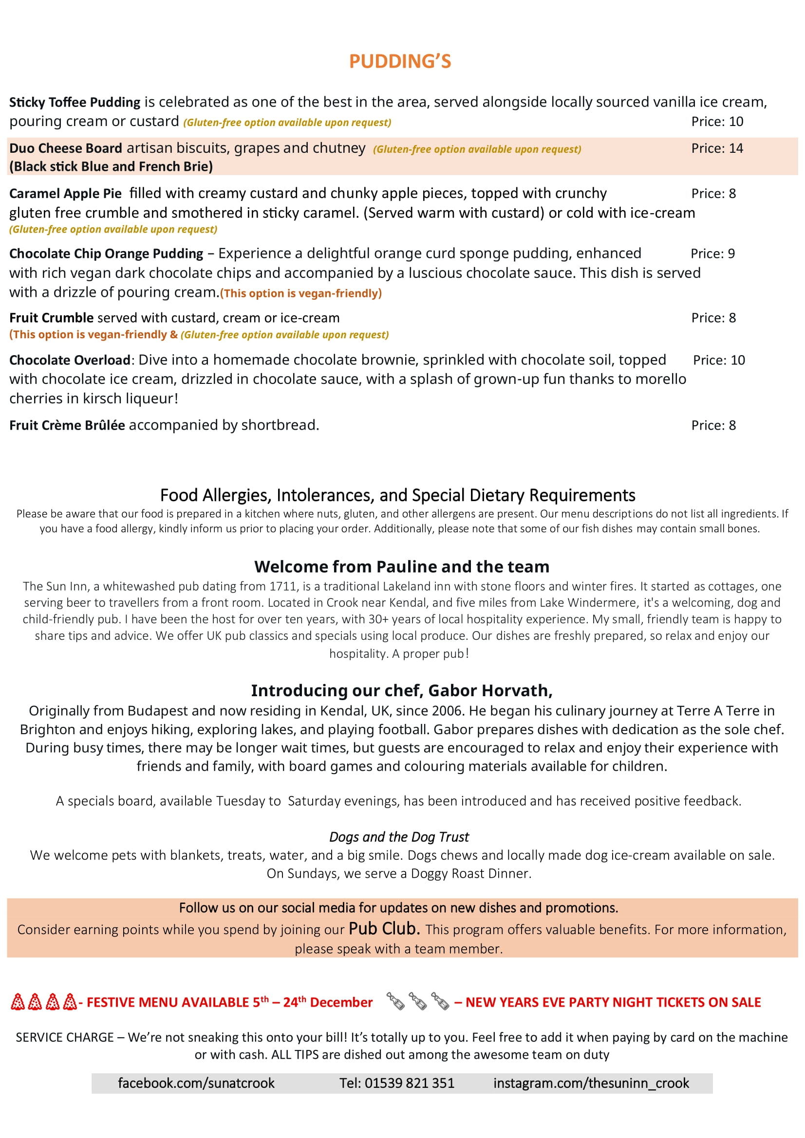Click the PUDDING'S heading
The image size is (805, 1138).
[400, 61]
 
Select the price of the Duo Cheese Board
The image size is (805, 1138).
[717, 148]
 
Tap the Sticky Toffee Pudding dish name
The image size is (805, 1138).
[75, 102]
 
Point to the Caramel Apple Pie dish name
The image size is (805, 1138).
[65, 193]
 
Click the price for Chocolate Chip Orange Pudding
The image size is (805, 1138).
[712, 254]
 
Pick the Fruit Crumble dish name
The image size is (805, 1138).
[51, 318]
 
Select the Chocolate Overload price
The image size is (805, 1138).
[719, 361]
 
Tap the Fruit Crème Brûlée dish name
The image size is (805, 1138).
[67, 425]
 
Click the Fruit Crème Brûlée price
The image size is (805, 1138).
[713, 425]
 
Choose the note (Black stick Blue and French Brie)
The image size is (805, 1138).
[111, 166]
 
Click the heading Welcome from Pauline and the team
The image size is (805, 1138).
[402, 566]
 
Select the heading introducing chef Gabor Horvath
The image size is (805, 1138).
[402, 690]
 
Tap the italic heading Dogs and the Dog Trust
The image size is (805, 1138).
[399, 837]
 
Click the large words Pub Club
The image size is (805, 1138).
[384, 928]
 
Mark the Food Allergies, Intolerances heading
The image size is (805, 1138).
[397, 495]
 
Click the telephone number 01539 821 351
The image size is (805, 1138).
[409, 1083]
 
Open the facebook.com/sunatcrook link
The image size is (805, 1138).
[196, 1083]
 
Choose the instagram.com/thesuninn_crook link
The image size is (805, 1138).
[591, 1083]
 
